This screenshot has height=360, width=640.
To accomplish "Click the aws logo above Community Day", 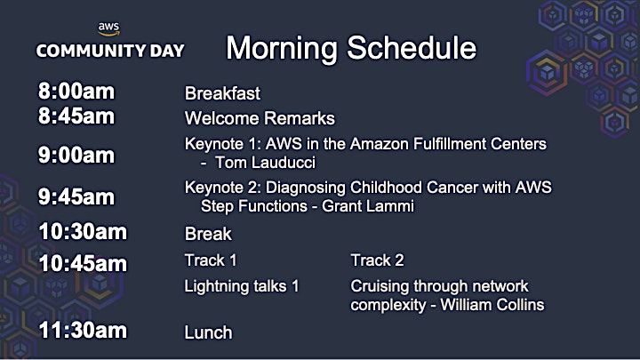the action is click(x=108, y=28).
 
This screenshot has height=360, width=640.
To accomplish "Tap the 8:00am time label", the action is click(x=76, y=91).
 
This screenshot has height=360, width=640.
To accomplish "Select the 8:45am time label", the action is click(x=76, y=116).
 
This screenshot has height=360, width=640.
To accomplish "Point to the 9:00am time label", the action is click(x=76, y=155).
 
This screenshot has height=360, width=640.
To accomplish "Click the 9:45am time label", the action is click(x=76, y=196).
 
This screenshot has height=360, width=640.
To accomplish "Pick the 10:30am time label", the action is click(x=83, y=231).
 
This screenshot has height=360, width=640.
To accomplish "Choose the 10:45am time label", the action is click(x=83, y=263).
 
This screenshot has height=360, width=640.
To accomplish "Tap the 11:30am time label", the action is click(x=83, y=330).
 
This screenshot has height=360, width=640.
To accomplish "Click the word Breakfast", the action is click(x=222, y=93).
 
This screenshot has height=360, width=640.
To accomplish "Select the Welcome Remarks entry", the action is click(x=260, y=118).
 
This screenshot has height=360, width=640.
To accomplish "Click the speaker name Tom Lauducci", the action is click(x=265, y=163).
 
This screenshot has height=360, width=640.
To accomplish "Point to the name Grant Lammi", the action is click(x=368, y=206).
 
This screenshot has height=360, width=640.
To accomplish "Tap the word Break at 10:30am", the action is click(x=208, y=234).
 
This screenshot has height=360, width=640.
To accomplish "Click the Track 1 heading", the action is click(x=211, y=260).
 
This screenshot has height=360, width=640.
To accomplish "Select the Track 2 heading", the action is click(x=377, y=260).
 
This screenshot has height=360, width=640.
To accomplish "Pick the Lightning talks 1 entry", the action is click(x=242, y=286).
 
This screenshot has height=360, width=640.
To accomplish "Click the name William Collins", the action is click(x=492, y=305).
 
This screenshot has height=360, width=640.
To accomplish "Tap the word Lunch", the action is click(x=208, y=332).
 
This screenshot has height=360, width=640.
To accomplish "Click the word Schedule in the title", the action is click(x=412, y=48).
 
